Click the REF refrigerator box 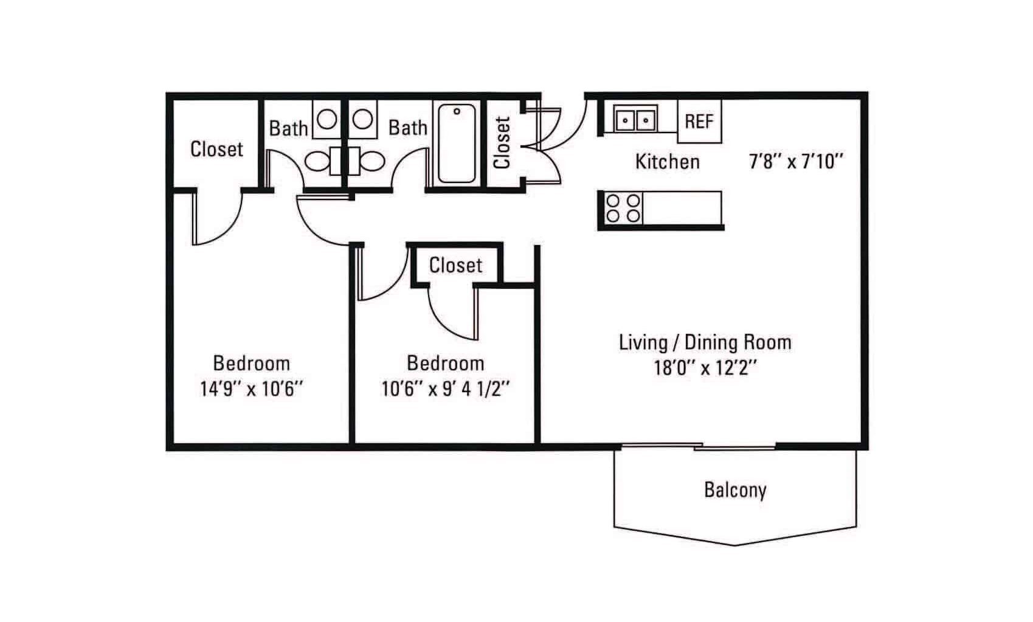(x=699, y=121)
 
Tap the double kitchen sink (x=635, y=119)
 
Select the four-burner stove (x=623, y=208)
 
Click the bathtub (x=457, y=143)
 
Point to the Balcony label (x=735, y=490)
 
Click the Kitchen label (x=668, y=162)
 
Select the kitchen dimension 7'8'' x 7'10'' (x=796, y=162)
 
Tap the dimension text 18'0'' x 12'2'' (x=705, y=368)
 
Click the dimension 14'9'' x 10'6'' (x=251, y=389)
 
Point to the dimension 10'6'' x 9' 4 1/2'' (x=446, y=389)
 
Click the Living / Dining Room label (x=705, y=342)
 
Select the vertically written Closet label (x=502, y=142)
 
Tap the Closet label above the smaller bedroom (x=455, y=265)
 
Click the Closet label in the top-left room (x=216, y=149)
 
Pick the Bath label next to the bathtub (x=407, y=128)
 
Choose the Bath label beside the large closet (x=288, y=129)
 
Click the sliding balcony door (x=698, y=446)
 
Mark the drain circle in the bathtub (x=457, y=112)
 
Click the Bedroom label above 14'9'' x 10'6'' (x=251, y=364)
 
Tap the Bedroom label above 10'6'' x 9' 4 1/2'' (x=446, y=364)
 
